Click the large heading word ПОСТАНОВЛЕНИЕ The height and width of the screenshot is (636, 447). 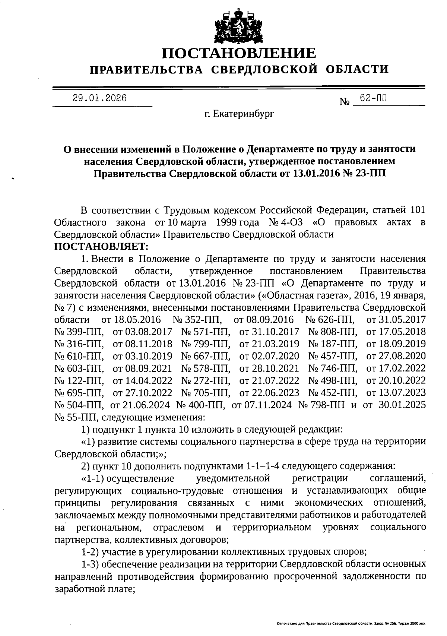(x=238, y=53)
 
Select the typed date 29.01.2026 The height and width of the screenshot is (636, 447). (x=99, y=98)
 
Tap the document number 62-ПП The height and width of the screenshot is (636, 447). (x=373, y=98)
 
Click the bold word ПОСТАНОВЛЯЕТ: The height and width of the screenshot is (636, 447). (x=101, y=247)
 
